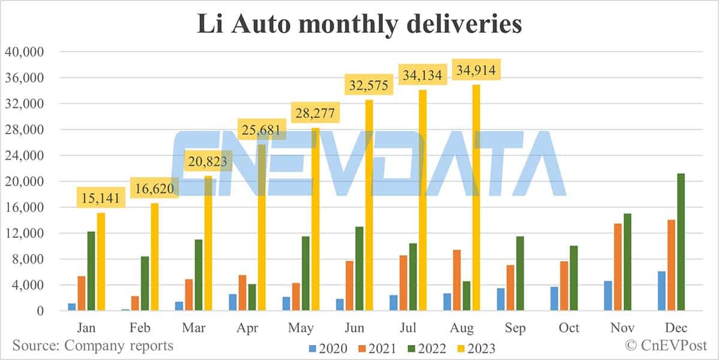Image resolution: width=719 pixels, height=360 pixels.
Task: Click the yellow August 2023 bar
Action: [x=476, y=198]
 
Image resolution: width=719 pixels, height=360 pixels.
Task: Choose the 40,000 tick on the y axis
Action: [x=25, y=52]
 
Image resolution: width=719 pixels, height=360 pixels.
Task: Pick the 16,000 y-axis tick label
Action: [x=25, y=207]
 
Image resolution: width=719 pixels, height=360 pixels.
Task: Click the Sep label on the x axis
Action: [x=515, y=328]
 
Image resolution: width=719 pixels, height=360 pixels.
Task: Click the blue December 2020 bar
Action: [x=661, y=291]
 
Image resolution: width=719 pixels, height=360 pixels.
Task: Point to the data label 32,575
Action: [x=369, y=85]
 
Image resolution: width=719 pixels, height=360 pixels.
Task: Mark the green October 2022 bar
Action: [x=573, y=279]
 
